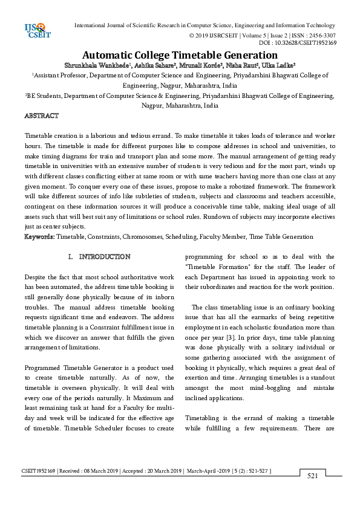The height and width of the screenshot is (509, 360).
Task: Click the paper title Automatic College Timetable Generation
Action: point(180,54)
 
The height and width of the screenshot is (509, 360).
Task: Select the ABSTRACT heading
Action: point(41,115)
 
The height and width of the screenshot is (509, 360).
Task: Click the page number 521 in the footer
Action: point(313,476)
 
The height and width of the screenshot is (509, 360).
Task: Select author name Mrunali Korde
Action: point(192,65)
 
